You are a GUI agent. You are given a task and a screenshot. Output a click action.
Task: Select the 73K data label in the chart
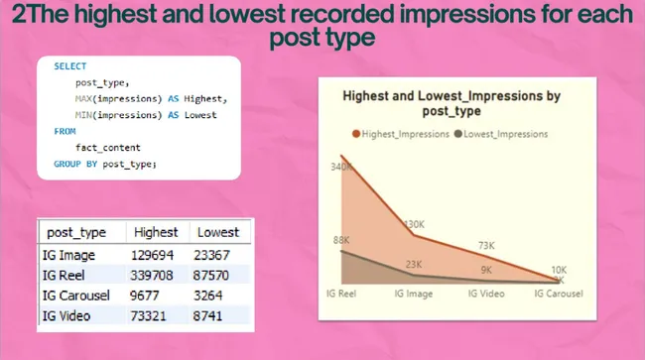[486, 245]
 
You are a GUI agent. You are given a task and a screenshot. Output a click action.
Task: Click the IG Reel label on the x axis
[342, 294]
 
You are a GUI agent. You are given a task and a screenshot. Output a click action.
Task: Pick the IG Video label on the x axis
[486, 294]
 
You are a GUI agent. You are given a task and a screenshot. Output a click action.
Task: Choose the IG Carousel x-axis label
[559, 294]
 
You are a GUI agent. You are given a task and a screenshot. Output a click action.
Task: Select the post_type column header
[76, 231]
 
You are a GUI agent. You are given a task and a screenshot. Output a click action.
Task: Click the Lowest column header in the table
[218, 231]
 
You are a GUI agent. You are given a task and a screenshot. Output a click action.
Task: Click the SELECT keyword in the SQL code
[69, 66]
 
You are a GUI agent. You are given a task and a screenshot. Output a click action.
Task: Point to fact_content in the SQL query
[103, 147]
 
